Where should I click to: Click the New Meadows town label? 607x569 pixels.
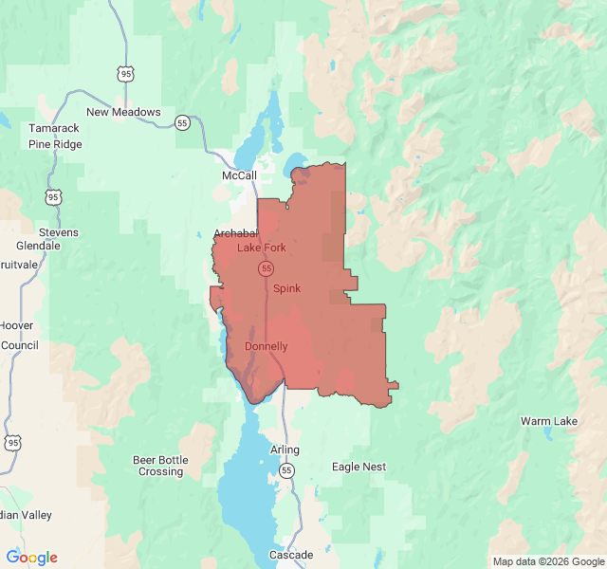tap(123, 112)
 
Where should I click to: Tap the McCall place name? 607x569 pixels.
tap(239, 176)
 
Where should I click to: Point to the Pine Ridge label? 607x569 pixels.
tap(55, 144)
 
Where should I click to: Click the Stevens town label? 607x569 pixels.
tap(59, 232)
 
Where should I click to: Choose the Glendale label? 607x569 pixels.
tap(37, 246)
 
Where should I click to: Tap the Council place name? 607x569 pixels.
tap(19, 345)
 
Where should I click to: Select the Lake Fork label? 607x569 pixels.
tap(261, 248)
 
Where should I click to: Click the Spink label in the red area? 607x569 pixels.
tap(286, 288)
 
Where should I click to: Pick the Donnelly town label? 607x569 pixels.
tap(266, 346)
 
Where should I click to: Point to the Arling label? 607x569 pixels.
tap(285, 450)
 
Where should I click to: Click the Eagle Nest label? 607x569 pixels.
tap(359, 467)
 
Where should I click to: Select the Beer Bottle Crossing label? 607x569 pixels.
tap(160, 466)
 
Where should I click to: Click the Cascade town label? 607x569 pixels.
tap(290, 555)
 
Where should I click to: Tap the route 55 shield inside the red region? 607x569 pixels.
tap(267, 269)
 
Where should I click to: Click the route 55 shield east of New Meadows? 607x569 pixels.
tap(182, 122)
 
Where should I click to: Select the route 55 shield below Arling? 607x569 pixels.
tap(286, 470)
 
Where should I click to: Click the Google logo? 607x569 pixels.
tap(31, 558)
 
